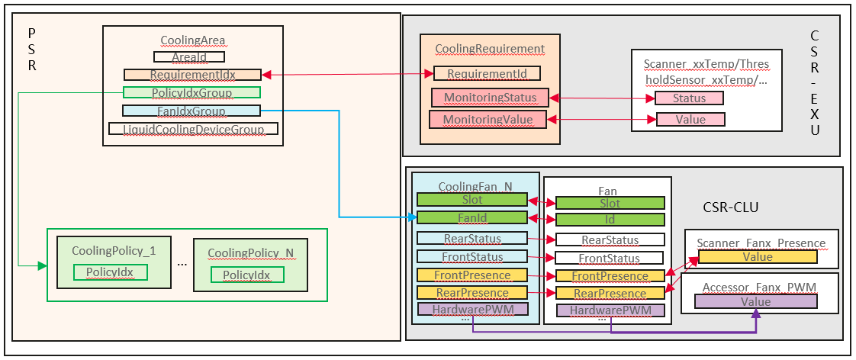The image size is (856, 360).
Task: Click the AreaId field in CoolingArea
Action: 189,56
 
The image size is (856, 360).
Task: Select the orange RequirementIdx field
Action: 192,75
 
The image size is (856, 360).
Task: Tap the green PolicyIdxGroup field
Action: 191,93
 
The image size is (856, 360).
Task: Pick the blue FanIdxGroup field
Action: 191,111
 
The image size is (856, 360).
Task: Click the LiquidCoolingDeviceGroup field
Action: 193,129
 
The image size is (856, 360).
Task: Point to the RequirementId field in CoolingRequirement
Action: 487,73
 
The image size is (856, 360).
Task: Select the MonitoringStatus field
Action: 488,98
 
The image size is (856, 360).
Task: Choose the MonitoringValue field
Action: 488,119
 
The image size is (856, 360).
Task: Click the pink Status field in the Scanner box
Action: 689,98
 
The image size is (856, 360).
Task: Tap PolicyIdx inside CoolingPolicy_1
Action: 104,273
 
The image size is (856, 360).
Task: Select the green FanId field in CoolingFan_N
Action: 472,218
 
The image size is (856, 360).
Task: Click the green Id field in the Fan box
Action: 610,220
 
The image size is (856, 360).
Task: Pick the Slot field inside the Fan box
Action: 610,204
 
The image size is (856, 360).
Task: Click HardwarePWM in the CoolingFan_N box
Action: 472,310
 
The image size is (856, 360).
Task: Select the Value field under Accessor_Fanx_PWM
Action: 756,302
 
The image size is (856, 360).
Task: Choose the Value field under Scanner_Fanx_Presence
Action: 758,257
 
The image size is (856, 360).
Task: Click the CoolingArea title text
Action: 192,40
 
